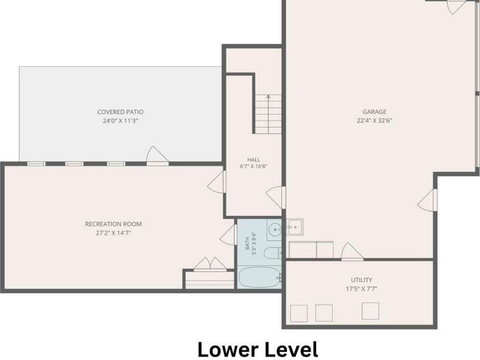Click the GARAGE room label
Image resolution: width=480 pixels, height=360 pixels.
point(375,112)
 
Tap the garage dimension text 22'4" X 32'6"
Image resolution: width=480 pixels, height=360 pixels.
point(375,120)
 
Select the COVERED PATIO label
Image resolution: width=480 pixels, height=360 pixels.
point(120,112)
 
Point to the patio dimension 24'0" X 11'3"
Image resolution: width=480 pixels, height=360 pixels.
point(120,121)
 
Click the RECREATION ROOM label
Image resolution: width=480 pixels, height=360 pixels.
point(113,224)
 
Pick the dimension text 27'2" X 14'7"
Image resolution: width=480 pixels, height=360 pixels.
point(113,232)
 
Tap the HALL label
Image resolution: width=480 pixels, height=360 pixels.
point(253,159)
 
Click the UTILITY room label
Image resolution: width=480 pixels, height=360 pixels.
point(362,280)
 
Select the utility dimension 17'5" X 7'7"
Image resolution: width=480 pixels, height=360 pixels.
point(362,289)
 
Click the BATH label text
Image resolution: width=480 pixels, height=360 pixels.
point(247,245)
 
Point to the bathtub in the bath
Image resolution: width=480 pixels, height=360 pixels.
point(259,277)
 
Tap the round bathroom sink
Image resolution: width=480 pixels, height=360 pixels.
point(276,230)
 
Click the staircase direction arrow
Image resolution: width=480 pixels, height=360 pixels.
point(268,114)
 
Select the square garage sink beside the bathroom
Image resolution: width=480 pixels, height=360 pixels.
point(295,227)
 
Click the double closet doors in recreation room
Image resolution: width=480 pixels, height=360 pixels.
point(210,264)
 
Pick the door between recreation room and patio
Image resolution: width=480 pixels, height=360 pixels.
point(157,156)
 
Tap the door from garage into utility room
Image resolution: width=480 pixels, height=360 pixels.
point(352,252)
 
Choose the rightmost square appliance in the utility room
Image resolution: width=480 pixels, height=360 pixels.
point(371,311)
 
